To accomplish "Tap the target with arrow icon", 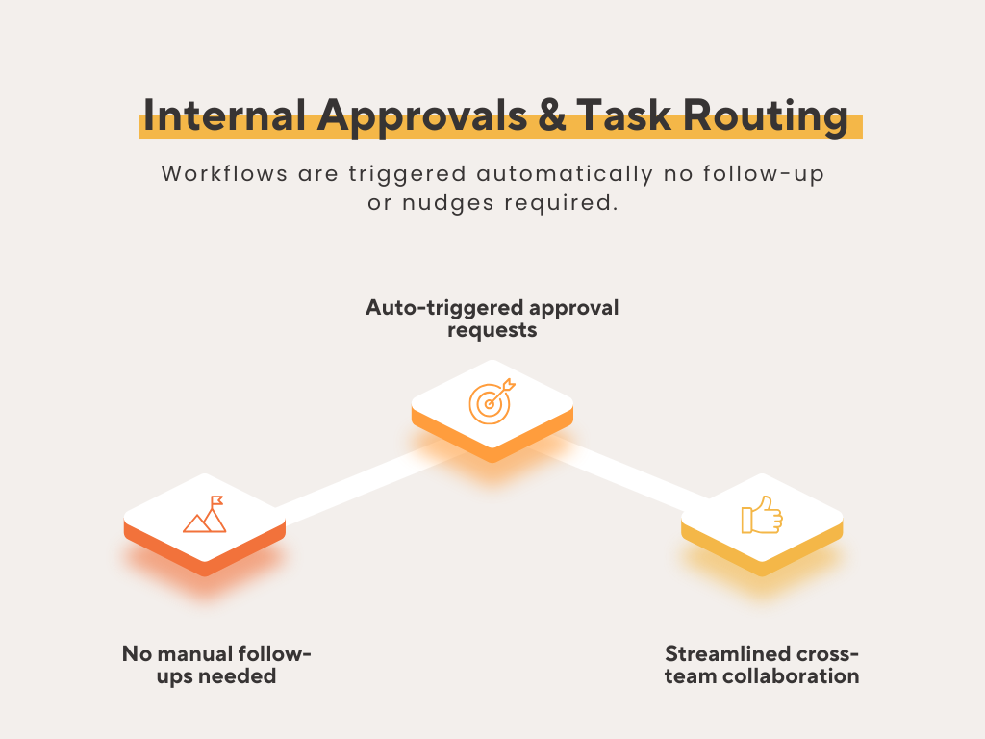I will coord(492,401).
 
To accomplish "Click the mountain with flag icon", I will coord(205,515).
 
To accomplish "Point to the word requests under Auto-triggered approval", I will coord(492,330).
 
